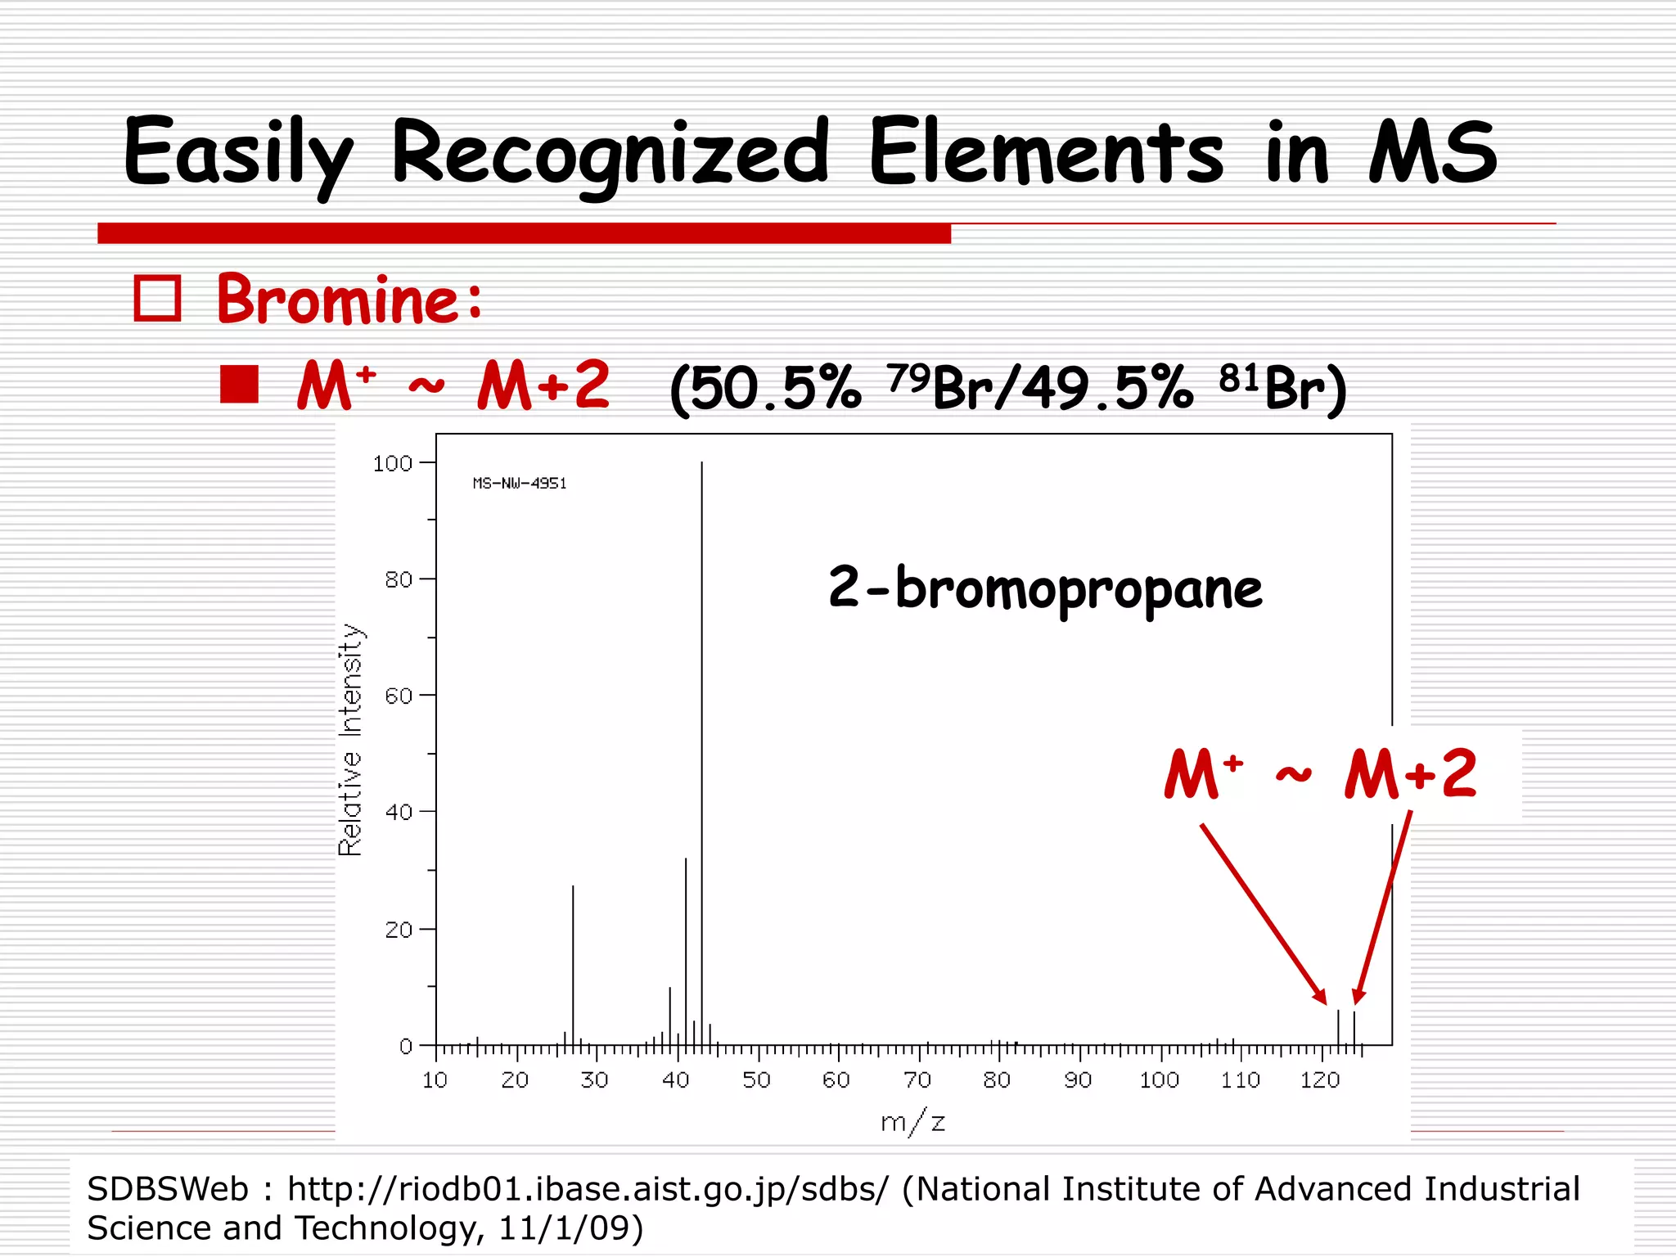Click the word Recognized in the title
pyautogui.click(x=610, y=153)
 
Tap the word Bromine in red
pyautogui.click(x=349, y=300)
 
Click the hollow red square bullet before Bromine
pyautogui.click(x=157, y=299)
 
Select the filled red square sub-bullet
pyautogui.click(x=240, y=385)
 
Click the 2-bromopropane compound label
pyautogui.click(x=1045, y=588)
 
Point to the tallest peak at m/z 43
pyautogui.click(x=701, y=737)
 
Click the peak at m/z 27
pyautogui.click(x=573, y=966)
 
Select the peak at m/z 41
pyautogui.click(x=686, y=949)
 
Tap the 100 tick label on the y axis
pyautogui.click(x=393, y=464)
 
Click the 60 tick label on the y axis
pyautogui.click(x=399, y=696)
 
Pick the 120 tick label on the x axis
pyautogui.click(x=1319, y=1081)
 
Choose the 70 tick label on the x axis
pyautogui.click(x=917, y=1081)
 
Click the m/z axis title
pyautogui.click(x=912, y=1122)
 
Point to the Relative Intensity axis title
pyautogui.click(x=350, y=740)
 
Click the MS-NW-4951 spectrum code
pyautogui.click(x=520, y=484)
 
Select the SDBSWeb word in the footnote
pyautogui.click(x=167, y=1189)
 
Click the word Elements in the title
pyautogui.click(x=1046, y=153)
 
